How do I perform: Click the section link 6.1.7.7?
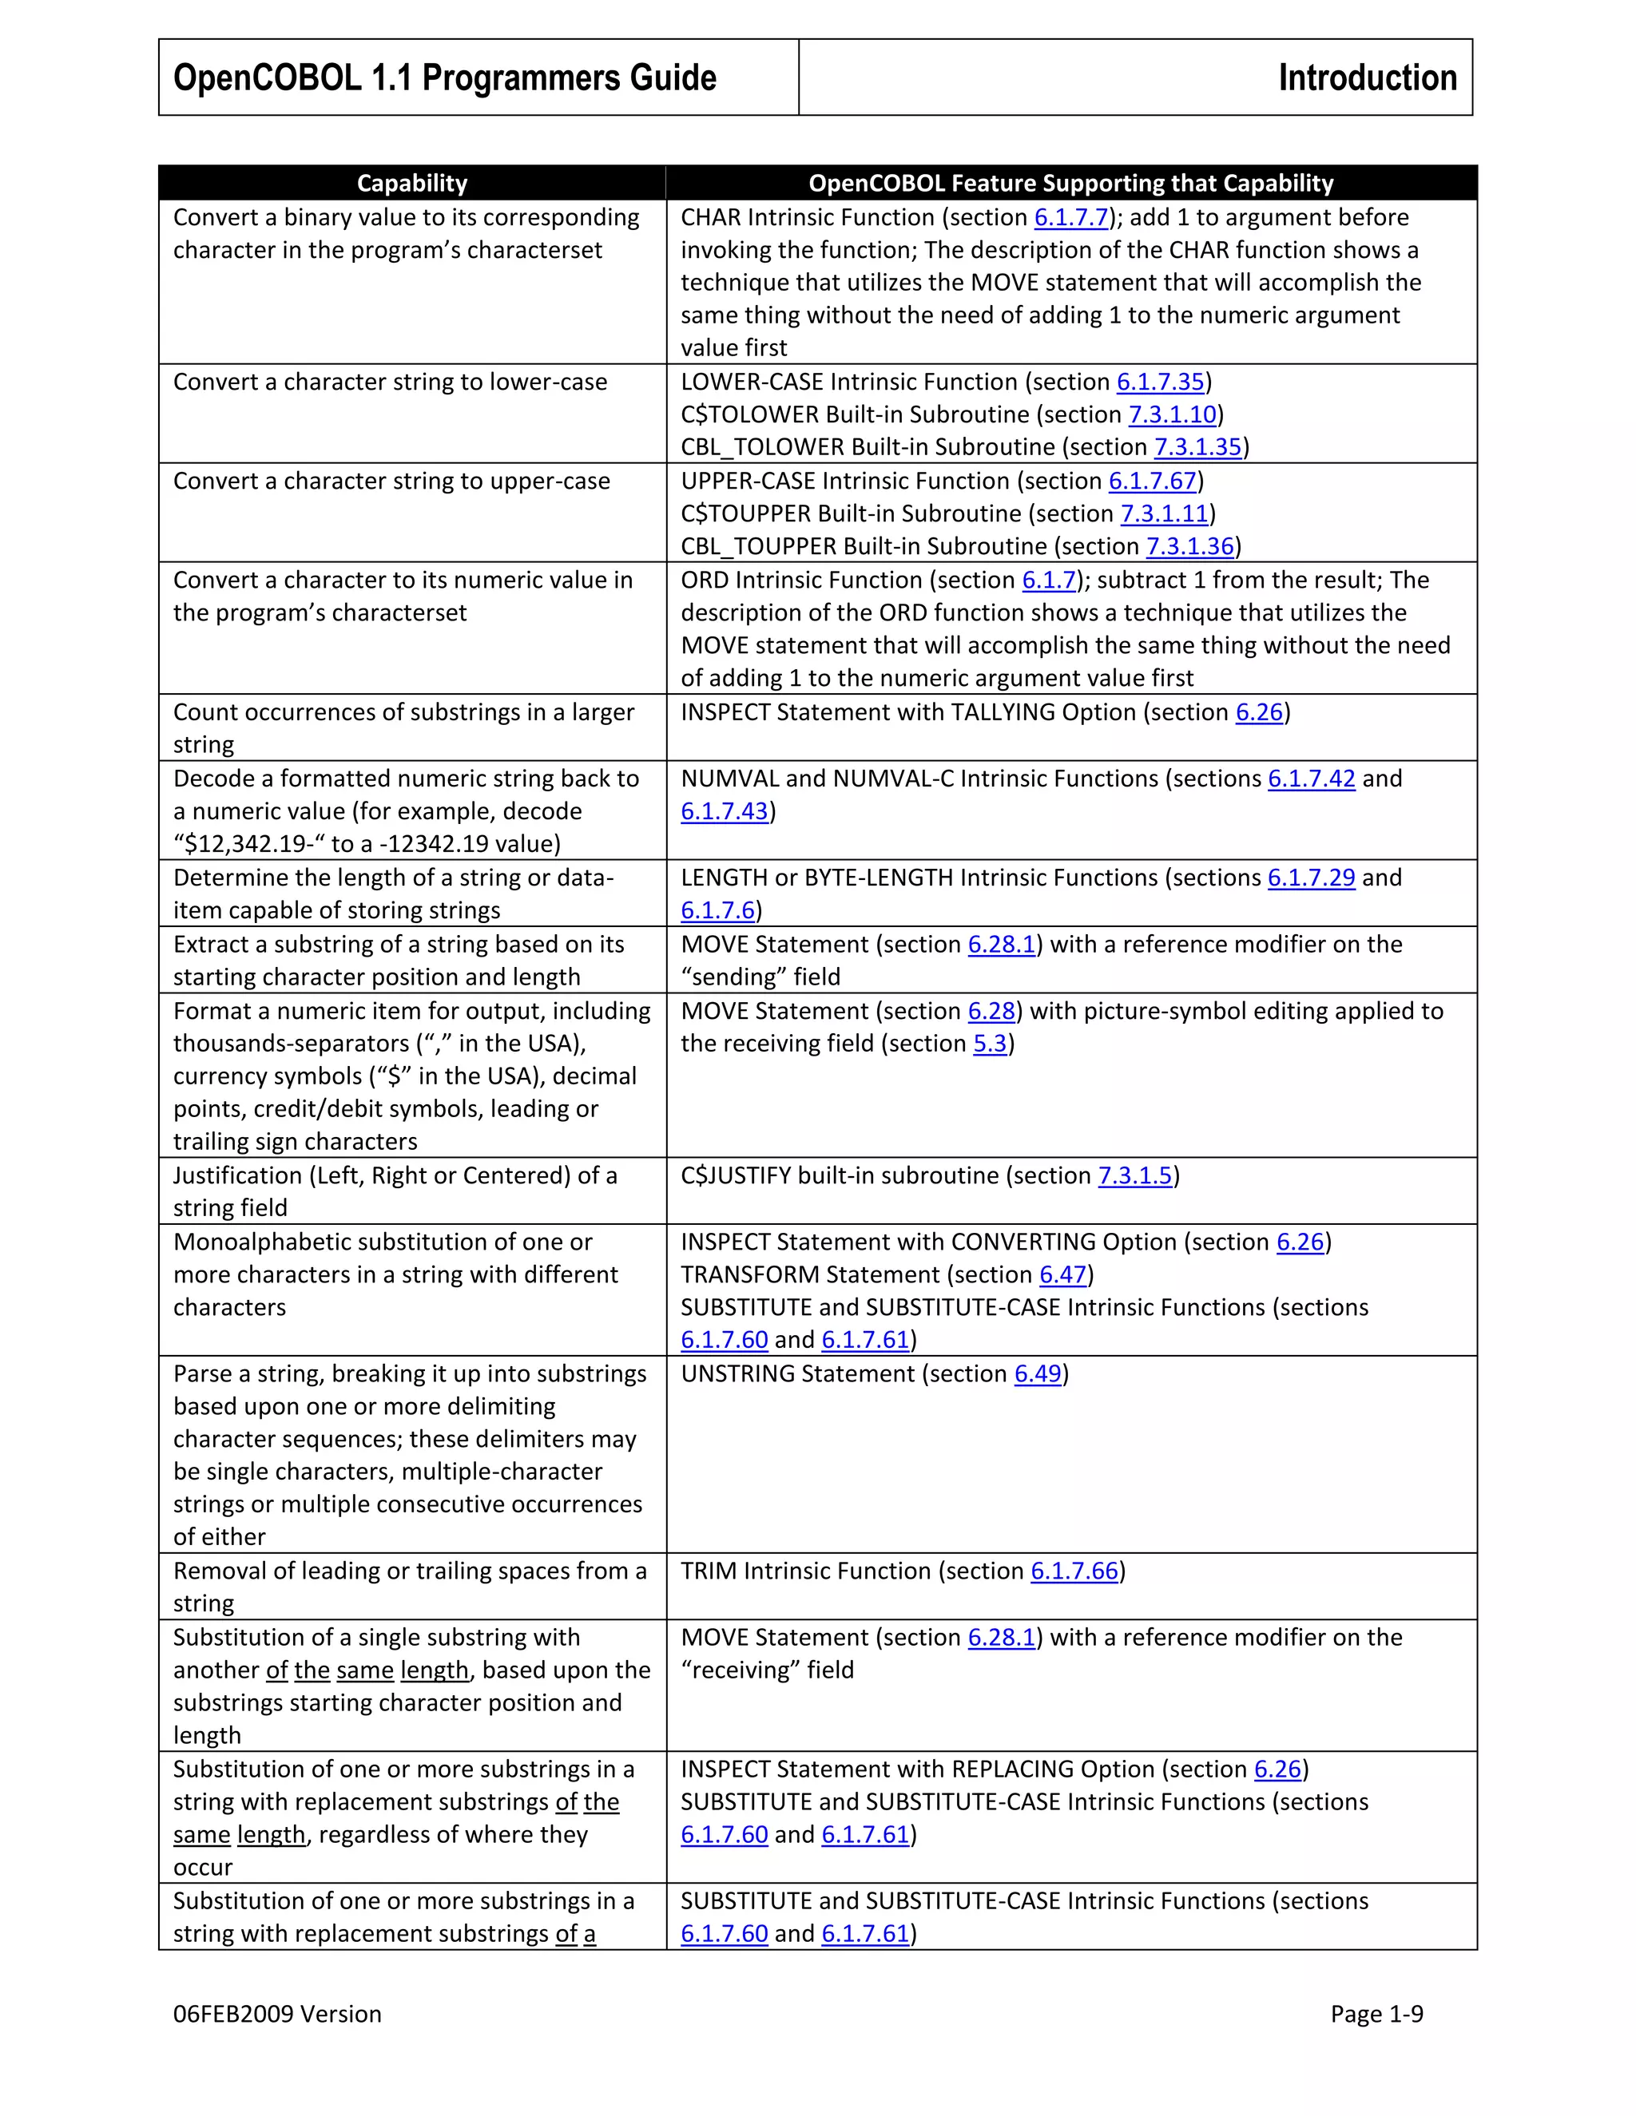click(1071, 218)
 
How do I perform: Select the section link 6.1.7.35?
click(1160, 382)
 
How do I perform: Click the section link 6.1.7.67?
click(1153, 481)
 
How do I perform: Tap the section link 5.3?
click(991, 1044)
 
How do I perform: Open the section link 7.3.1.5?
click(1135, 1176)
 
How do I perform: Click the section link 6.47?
click(1063, 1275)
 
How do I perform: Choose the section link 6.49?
click(1038, 1375)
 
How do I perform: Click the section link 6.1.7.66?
click(1074, 1571)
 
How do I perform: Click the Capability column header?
click(412, 183)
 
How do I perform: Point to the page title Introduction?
click(1367, 77)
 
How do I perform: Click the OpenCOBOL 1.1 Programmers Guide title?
click(445, 77)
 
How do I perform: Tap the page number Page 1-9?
click(1376, 2015)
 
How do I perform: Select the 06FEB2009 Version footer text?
click(277, 2015)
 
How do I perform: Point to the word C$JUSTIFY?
click(736, 1176)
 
